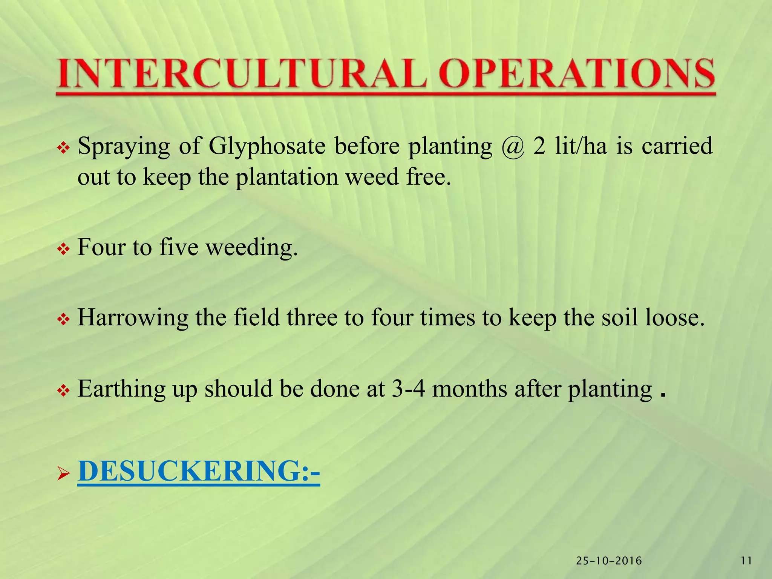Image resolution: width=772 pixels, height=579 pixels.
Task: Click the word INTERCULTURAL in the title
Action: point(241,74)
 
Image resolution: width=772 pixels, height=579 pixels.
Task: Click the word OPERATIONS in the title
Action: point(577,74)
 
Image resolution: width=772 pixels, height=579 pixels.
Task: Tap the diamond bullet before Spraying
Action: point(63,149)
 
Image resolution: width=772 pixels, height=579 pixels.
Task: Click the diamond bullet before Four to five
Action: point(63,249)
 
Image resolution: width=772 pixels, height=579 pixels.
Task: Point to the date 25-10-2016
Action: point(609,561)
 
